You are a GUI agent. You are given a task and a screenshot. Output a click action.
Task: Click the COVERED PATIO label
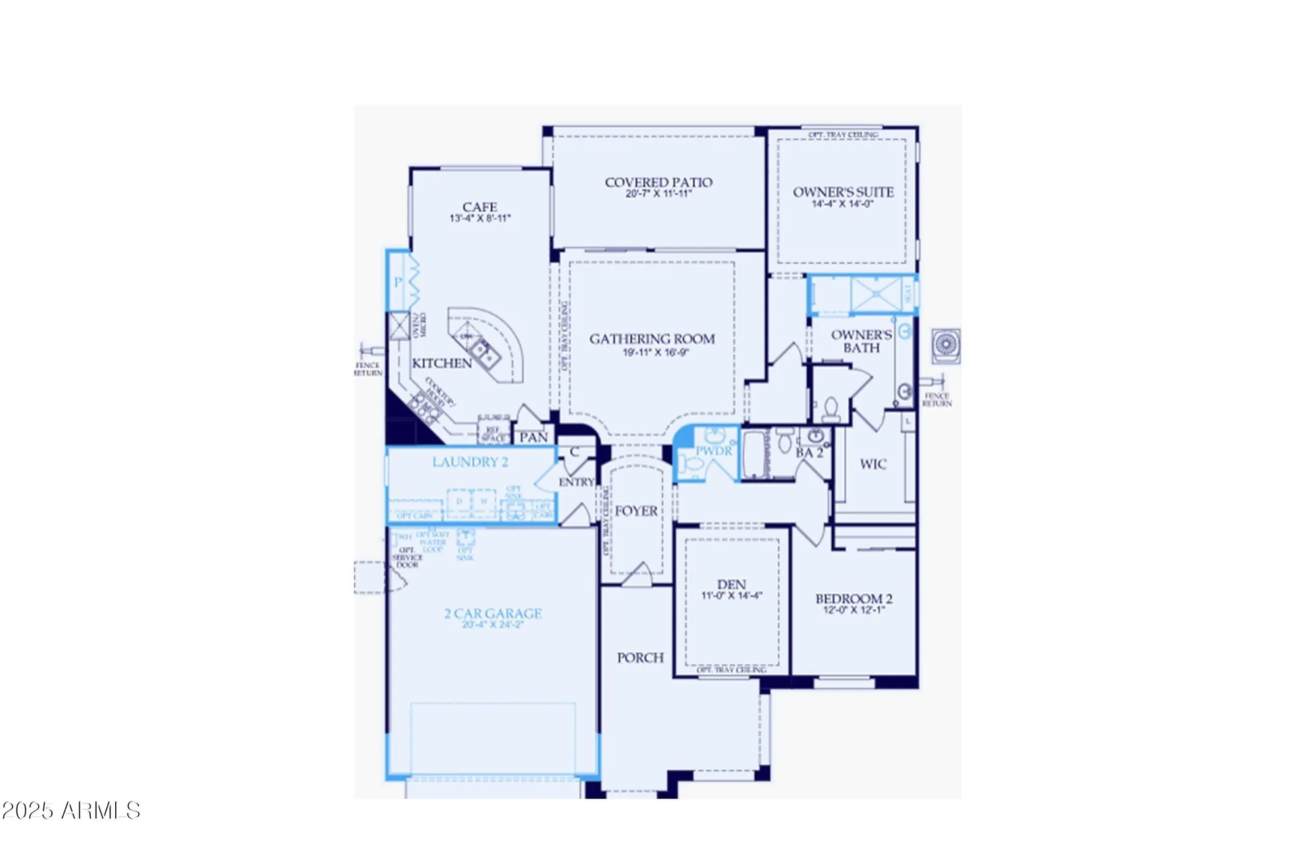(658, 182)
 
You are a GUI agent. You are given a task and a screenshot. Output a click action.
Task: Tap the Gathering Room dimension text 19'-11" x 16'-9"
(655, 352)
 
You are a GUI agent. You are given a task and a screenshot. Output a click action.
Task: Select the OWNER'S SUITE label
(843, 192)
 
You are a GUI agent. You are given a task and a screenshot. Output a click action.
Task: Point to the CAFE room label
(480, 207)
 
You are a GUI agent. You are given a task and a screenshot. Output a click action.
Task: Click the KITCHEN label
(442, 363)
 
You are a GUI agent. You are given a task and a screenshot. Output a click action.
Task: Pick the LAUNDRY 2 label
(470, 462)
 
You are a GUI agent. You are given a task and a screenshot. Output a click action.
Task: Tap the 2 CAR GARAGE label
(493, 614)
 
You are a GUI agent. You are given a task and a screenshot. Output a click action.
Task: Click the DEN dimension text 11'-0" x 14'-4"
(732, 596)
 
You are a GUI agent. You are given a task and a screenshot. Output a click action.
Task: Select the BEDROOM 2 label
(853, 598)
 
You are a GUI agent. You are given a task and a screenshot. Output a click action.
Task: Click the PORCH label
(640, 658)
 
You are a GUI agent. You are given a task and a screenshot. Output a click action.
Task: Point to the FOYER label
(636, 511)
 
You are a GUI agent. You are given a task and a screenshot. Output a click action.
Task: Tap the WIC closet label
(873, 464)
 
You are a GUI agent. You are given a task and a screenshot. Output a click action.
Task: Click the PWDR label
(713, 451)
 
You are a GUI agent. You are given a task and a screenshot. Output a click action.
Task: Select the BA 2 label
(809, 453)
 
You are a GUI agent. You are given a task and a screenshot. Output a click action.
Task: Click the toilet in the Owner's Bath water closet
(830, 410)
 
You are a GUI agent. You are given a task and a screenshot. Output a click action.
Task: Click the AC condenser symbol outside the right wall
(946, 346)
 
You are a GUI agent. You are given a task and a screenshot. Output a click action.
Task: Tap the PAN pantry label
(533, 437)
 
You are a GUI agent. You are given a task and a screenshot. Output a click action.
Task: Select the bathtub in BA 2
(755, 454)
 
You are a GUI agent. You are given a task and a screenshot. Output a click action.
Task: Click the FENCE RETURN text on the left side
(368, 369)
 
